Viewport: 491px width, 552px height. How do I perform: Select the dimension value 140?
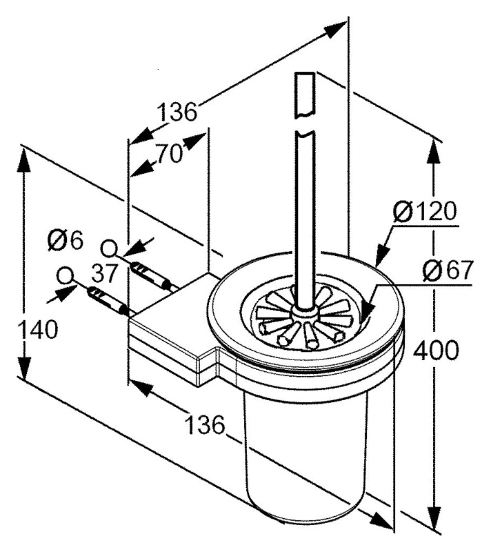point(38,330)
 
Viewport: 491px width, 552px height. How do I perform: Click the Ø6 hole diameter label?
point(65,241)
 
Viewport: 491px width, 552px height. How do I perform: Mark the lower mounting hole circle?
point(66,275)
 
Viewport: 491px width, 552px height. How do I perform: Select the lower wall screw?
point(107,301)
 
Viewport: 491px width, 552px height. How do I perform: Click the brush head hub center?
point(302,312)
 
